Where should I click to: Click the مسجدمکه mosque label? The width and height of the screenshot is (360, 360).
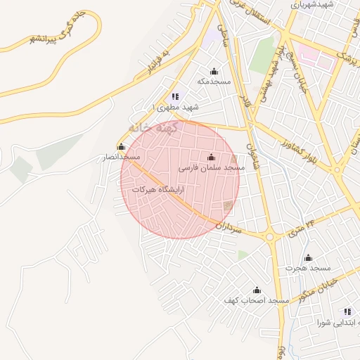pos(214,82)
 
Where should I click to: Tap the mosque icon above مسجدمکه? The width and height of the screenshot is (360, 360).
pos(214,72)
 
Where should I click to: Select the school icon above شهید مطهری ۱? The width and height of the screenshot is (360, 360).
pos(175,96)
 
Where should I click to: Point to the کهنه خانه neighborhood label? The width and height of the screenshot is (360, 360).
pos(155,129)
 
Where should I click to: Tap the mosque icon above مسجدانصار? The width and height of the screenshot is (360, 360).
pos(122,147)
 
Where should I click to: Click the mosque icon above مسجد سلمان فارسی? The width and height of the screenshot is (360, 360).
pos(212,157)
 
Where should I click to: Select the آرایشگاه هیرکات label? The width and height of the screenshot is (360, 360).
pos(157,190)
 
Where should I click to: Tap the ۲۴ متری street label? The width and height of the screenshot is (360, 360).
pos(302,226)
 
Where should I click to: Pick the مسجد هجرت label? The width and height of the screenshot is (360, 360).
pos(308,268)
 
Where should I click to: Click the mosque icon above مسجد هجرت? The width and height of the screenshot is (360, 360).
pos(308,258)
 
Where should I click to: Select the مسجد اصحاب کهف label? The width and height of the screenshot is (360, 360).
pos(257,300)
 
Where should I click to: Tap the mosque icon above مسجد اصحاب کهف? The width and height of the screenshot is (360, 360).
pos(257,290)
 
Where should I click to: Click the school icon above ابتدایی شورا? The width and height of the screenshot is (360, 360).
pos(347,311)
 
